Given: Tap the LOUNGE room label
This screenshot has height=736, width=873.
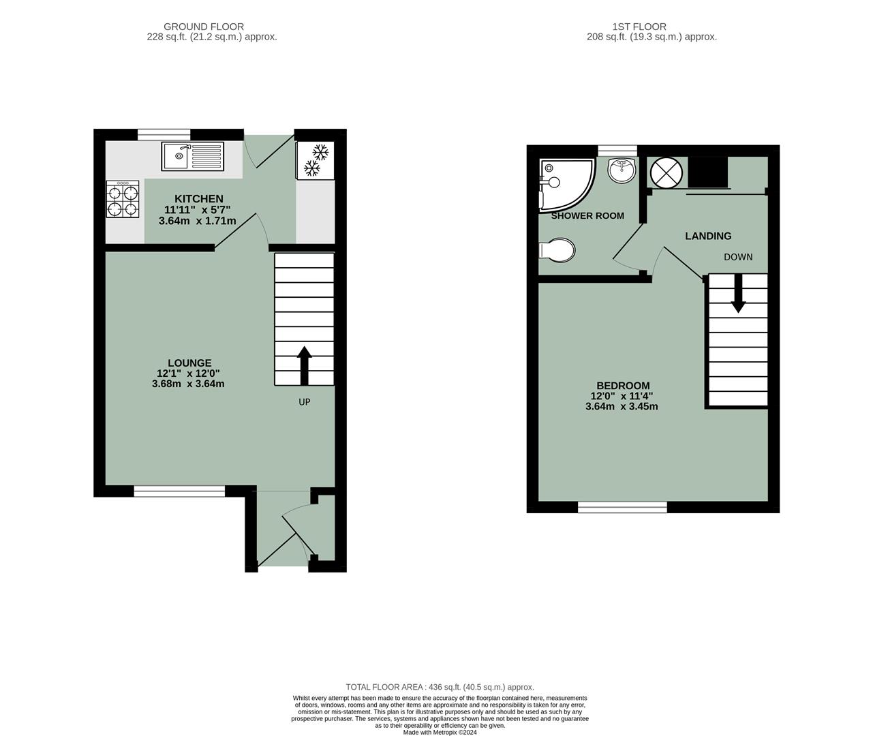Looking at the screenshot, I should tap(189, 363).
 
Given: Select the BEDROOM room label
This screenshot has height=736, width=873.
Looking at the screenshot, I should tap(623, 386).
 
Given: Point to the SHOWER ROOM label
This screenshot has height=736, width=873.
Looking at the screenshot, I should tap(587, 216).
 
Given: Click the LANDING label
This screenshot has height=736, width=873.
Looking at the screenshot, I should tap(708, 236).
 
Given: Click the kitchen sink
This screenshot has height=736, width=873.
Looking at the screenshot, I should tap(192, 156).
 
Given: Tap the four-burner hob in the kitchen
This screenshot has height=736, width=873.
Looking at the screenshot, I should tap(123, 199).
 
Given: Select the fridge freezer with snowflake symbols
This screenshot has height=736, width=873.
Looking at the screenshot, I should tap(314, 160).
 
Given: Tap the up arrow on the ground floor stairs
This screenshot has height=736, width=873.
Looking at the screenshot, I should tap(304, 365).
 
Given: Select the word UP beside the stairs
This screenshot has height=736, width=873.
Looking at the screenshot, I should tap(304, 402).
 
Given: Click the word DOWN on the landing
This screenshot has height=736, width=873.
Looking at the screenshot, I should tap(738, 257).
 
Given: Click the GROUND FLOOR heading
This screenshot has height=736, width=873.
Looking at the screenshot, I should tap(213, 27).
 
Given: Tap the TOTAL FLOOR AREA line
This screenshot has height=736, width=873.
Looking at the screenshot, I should tap(440, 687).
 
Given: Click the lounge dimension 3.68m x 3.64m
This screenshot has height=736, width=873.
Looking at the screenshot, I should tap(188, 384).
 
